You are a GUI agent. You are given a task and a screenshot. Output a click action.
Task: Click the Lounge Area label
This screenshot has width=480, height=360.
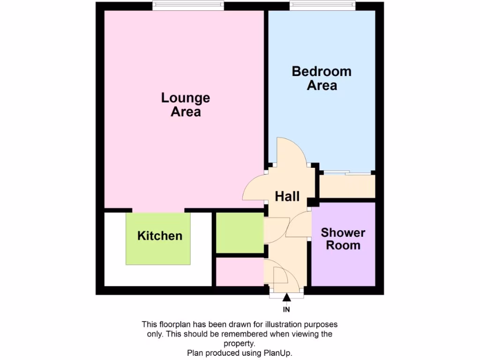click(186, 105)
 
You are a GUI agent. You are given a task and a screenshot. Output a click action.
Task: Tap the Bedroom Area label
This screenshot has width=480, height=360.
click(322, 78)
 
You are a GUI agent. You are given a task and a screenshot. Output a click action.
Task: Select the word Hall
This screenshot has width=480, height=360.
click(287, 196)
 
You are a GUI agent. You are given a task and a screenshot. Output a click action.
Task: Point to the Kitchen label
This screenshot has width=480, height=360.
click(160, 236)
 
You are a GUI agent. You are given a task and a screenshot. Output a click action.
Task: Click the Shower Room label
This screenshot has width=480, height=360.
click(343, 239)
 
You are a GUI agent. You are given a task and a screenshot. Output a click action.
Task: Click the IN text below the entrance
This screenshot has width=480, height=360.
click(286, 309)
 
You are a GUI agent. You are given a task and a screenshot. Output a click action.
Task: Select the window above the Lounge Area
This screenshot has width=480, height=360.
click(187, 6)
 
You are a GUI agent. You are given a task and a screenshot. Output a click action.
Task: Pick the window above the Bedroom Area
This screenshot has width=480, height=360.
click(322, 6)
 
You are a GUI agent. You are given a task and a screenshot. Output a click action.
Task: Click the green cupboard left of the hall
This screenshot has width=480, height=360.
click(239, 233)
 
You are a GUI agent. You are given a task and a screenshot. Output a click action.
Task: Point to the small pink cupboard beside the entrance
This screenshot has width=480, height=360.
click(239, 272)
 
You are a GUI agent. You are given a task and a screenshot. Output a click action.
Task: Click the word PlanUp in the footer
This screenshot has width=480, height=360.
click(283, 353)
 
